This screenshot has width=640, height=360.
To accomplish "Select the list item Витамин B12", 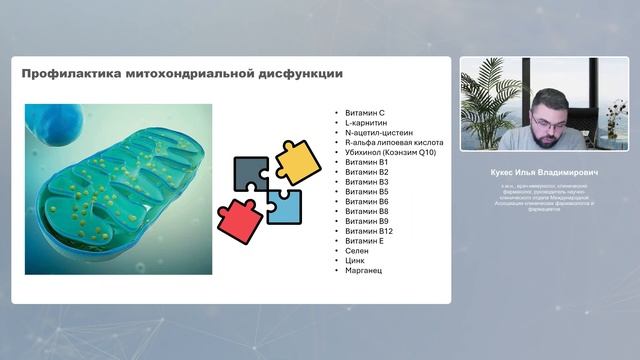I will (368, 231).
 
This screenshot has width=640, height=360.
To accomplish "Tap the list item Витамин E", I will (364, 241).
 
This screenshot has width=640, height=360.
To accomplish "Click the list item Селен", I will (357, 251).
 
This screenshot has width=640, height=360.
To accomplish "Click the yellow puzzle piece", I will (297, 161).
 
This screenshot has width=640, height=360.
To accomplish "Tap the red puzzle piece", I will (239, 219).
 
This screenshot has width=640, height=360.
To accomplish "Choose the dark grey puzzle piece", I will (251, 174).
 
